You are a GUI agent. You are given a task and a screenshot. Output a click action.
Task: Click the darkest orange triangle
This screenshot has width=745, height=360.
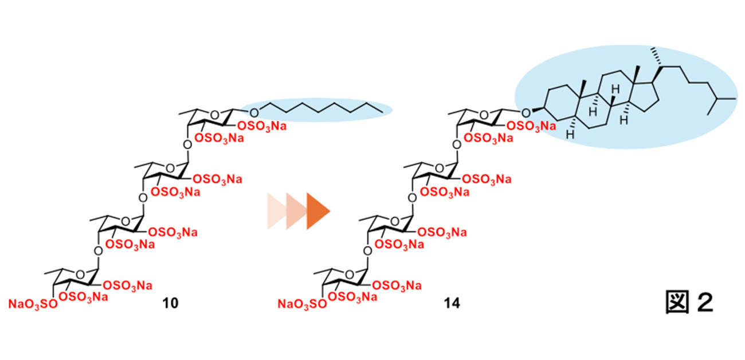(x=317, y=210)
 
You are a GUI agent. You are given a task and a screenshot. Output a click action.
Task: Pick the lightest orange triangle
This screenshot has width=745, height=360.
(x=276, y=210)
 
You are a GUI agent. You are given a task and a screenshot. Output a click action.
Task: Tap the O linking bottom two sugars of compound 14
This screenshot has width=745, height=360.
(x=365, y=250)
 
